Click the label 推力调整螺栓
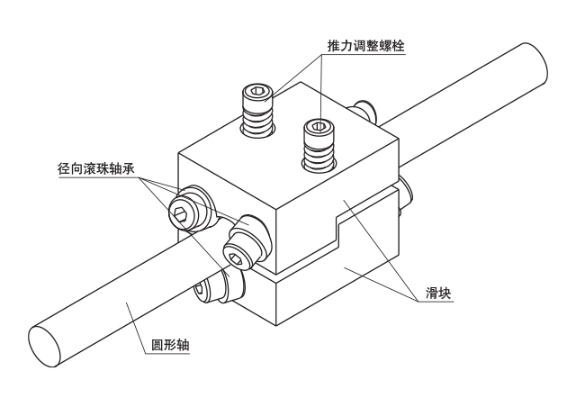tap(363, 45)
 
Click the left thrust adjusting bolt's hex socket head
tap(257, 92)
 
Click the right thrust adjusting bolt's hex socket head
tap(315, 125)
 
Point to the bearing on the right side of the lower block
tap(405, 194)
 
